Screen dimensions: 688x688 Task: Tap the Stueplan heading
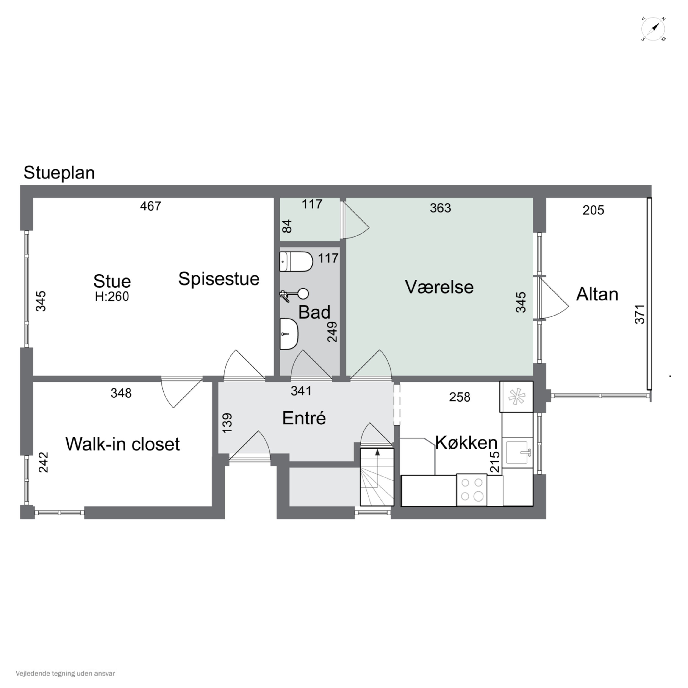pyautogui.click(x=59, y=173)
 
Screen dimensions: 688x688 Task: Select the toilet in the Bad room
pyautogui.click(x=296, y=262)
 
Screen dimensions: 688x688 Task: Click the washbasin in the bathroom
pyautogui.click(x=289, y=334)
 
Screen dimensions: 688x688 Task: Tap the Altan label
pyautogui.click(x=597, y=294)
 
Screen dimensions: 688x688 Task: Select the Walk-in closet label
pyautogui.click(x=122, y=444)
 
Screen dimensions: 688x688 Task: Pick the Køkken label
pyautogui.click(x=466, y=443)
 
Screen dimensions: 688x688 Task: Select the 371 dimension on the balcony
pyautogui.click(x=640, y=314)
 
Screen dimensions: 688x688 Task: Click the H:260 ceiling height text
pyautogui.click(x=112, y=296)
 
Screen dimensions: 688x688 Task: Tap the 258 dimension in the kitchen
pyautogui.click(x=460, y=397)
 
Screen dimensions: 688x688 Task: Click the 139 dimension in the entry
pyautogui.click(x=227, y=423)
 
